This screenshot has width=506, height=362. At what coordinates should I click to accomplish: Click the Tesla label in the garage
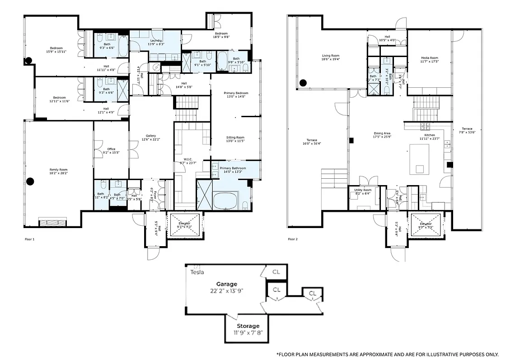[x=197, y=272]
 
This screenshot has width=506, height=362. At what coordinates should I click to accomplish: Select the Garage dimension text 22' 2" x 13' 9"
[x=227, y=291]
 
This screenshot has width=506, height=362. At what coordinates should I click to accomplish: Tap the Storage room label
[x=248, y=326]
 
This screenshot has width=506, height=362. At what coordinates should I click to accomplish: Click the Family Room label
[x=58, y=170]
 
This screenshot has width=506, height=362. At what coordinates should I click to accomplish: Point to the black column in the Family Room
[x=30, y=181]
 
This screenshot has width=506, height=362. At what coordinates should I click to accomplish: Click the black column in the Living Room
[x=303, y=83]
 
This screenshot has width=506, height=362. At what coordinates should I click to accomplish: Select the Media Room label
[x=429, y=58]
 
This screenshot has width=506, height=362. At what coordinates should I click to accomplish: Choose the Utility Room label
[x=363, y=190]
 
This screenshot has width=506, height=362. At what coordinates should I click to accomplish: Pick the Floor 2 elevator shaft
[x=426, y=224]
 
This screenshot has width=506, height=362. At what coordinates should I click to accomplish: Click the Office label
[x=111, y=149]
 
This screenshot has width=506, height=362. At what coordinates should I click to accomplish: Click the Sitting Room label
[x=235, y=138]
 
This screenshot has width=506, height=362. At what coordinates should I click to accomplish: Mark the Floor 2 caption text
[x=293, y=239]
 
